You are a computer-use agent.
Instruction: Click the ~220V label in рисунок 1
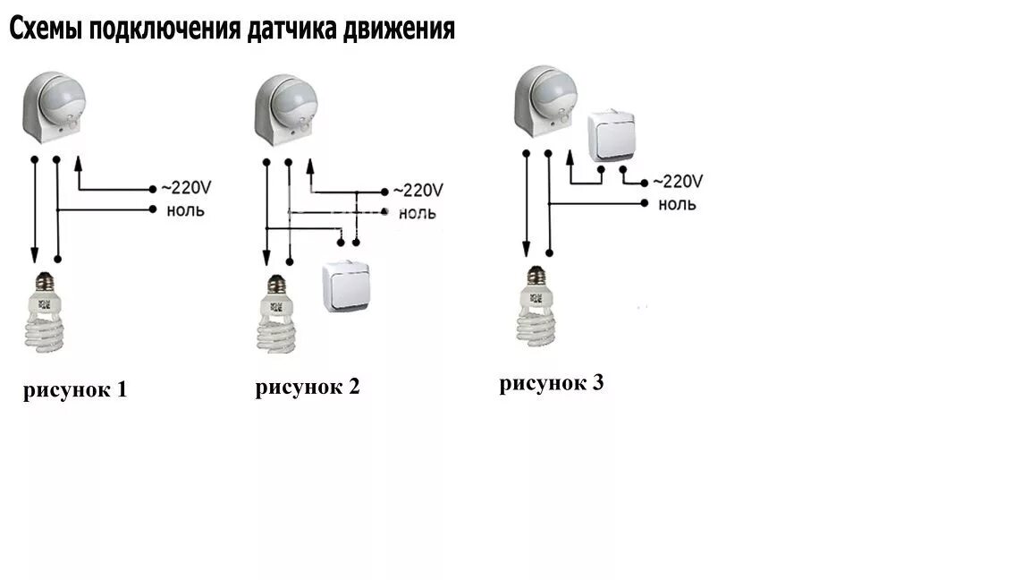coord(185,189)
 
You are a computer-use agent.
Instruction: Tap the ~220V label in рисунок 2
coord(418,191)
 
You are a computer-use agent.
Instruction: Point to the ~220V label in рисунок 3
coord(678,182)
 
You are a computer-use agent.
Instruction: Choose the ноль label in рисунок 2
coord(418,213)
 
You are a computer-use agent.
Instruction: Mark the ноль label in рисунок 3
coord(677,204)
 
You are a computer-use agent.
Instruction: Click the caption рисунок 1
coord(75,390)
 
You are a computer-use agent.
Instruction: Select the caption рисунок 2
coord(307,388)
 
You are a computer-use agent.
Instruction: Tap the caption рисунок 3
coord(552,384)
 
